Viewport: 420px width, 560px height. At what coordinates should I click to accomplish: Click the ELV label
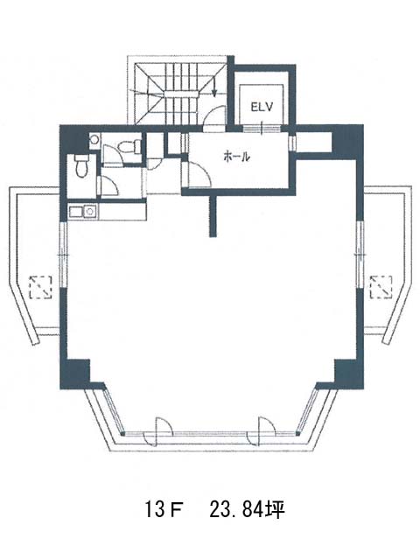[x=262, y=107]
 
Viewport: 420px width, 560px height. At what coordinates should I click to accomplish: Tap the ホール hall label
[x=235, y=157]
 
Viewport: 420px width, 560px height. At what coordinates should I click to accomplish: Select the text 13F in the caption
[x=163, y=509]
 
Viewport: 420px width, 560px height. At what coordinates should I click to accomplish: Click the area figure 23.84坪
[x=247, y=509]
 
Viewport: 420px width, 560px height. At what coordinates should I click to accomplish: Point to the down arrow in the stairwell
[x=213, y=87]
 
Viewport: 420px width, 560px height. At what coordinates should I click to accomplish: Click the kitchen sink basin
[x=89, y=212]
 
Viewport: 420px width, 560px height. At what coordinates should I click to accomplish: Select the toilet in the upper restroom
[x=129, y=146]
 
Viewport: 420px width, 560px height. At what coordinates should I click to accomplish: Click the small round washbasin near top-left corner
[x=94, y=139]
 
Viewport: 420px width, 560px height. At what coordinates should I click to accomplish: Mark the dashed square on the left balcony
[x=41, y=287]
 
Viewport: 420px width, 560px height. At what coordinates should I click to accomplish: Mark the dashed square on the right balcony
[x=381, y=287]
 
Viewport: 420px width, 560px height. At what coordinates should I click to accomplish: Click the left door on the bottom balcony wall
[x=157, y=431]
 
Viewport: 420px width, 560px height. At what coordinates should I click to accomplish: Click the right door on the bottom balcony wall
[x=261, y=431]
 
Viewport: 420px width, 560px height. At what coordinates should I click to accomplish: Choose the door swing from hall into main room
[x=199, y=174]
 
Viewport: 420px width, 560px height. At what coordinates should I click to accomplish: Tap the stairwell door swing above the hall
[x=215, y=116]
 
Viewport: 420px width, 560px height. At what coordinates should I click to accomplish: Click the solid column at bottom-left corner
[x=75, y=374]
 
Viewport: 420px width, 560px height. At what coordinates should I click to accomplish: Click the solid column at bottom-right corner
[x=348, y=374]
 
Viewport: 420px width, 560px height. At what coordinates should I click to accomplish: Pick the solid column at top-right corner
[x=347, y=142]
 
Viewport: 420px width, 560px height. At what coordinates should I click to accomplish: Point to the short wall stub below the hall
[x=213, y=216]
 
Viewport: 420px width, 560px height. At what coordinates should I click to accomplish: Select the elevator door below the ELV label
[x=262, y=129]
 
